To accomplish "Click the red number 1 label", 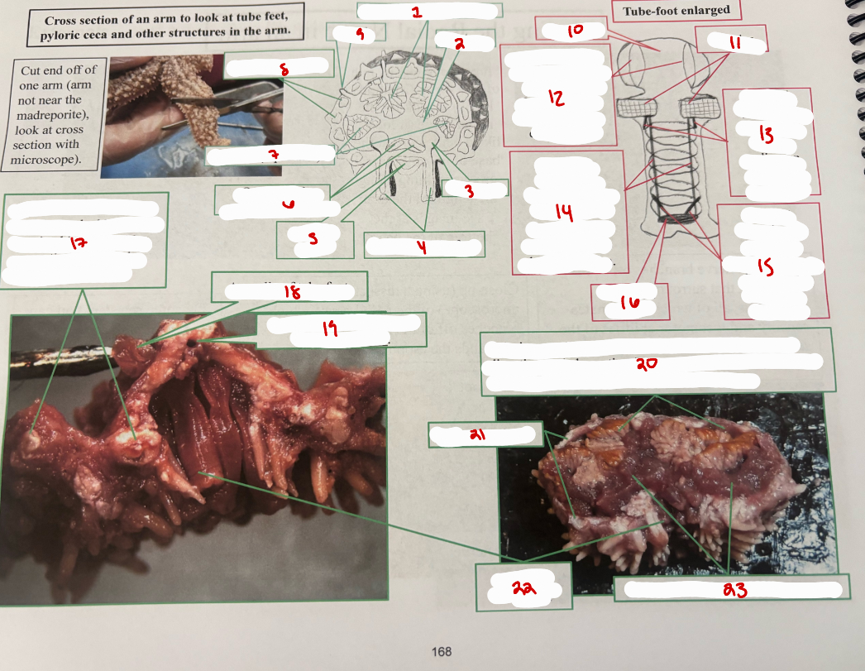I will pyautogui.click(x=417, y=12).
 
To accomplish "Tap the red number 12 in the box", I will pyautogui.click(x=556, y=98).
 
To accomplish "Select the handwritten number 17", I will pyautogui.click(x=79, y=243).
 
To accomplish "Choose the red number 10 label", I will pyautogui.click(x=576, y=31).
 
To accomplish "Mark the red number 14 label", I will pyautogui.click(x=564, y=213).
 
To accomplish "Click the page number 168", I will pyautogui.click(x=442, y=651).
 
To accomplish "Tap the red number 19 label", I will pyautogui.click(x=329, y=329).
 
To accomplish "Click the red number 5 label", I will pyautogui.click(x=313, y=240).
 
